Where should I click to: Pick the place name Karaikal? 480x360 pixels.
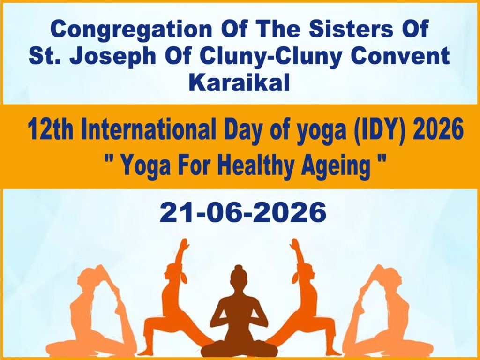pyautogui.click(x=239, y=82)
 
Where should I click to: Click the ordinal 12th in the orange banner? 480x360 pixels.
pyautogui.click(x=50, y=129)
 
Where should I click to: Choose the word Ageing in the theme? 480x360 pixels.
pyautogui.click(x=336, y=166)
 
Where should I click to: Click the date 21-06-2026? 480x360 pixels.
pyautogui.click(x=243, y=212)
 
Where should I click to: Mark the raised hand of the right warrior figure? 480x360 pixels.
pyautogui.click(x=295, y=245)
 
